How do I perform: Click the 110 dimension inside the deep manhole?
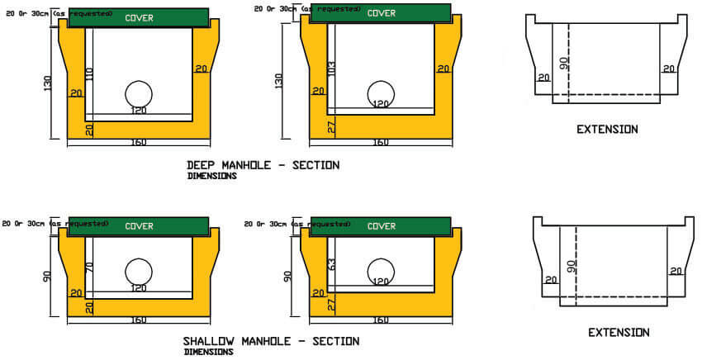pos(89,73)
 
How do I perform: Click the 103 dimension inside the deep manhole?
pos(331,70)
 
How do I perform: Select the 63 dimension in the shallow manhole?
pos(331,265)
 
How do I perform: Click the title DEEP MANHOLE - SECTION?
pos(263,164)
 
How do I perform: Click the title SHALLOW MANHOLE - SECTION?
pos(271,341)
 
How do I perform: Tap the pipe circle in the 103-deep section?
pos(381,92)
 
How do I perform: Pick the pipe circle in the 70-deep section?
pos(139,272)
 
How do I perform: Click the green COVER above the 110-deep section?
pos(138,17)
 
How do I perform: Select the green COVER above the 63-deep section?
pos(381,226)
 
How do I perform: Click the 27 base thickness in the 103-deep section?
pos(331,126)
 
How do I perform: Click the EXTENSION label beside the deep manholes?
pos(606,130)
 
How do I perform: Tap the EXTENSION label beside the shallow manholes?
pos(618,333)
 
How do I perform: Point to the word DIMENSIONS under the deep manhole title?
pos(211,176)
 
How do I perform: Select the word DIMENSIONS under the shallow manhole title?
pos(208,352)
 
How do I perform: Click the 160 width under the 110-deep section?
pos(138,143)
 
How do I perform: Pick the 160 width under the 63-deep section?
pos(381,319)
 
